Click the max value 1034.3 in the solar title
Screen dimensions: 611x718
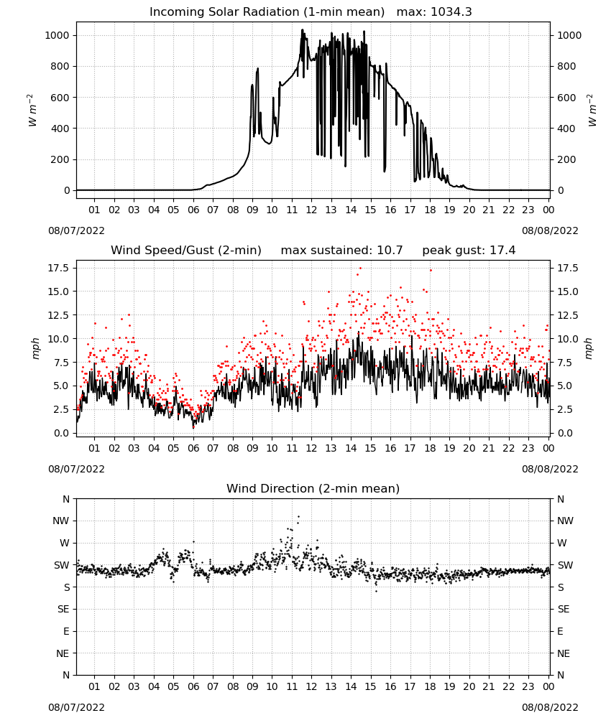coord(451,12)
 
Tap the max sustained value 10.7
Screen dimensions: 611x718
coord(390,251)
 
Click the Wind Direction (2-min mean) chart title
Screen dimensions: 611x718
coord(313,488)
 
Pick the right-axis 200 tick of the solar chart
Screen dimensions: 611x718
coord(566,160)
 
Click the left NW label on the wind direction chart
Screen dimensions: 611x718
coord(61,521)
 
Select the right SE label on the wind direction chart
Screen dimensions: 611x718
coord(564,610)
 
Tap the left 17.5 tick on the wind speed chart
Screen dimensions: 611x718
coord(58,268)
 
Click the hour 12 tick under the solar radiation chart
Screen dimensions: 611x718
coord(311,210)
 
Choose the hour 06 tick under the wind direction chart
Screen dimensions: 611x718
coord(193,686)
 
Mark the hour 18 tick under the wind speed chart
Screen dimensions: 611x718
coord(430,448)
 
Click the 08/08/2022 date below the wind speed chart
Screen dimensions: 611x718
coord(550,470)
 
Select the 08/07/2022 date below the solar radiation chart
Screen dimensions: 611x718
coord(76,230)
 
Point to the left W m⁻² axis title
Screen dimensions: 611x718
coord(32,111)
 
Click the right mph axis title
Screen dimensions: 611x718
coord(589,348)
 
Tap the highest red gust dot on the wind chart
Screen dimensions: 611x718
coord(360,269)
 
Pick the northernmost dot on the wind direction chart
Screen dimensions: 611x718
coord(298,516)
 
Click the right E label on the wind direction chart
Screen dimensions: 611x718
coord(560,631)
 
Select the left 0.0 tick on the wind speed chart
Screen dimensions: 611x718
coord(61,433)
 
